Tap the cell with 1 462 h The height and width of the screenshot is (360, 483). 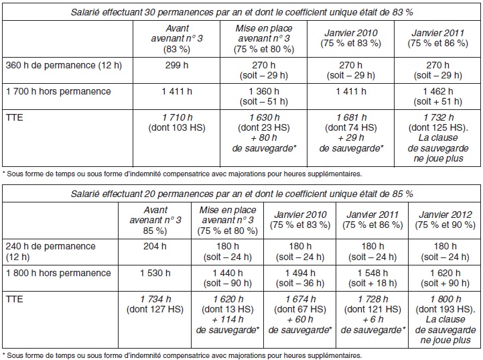coord(437,97)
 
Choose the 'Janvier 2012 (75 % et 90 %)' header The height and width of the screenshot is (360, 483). coord(445,220)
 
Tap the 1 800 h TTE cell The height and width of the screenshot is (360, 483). coord(445,320)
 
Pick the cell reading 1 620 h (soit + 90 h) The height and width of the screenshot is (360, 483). coord(445,278)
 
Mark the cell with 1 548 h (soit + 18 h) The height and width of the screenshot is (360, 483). coord(372,278)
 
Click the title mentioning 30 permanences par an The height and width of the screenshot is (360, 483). coord(241,12)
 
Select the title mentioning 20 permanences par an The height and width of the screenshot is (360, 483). coord(241,194)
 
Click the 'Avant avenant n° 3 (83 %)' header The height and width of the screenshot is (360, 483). coord(176,38)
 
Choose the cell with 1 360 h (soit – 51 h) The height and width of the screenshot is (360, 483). coord(264,97)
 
